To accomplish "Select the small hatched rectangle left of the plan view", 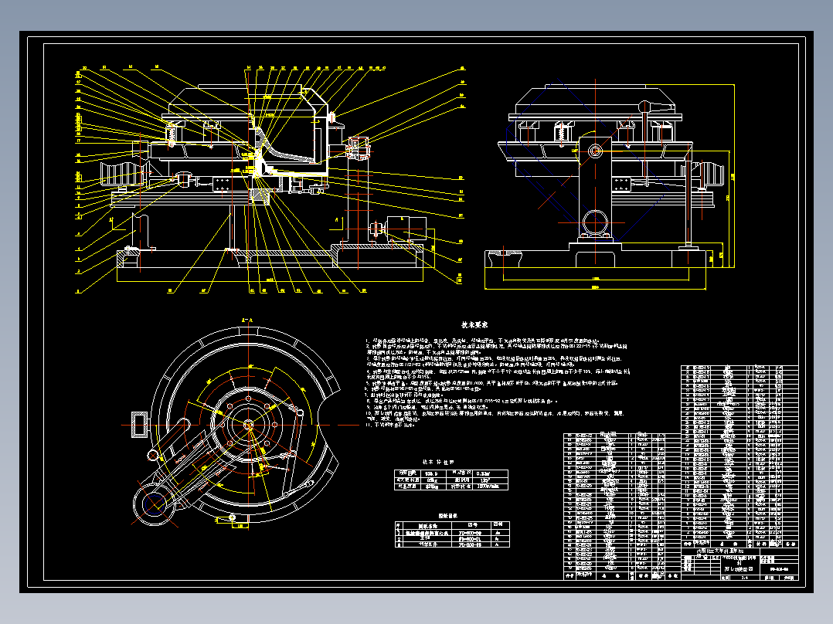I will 141,424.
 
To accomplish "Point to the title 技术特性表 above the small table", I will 438,462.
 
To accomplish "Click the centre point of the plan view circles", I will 249,423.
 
